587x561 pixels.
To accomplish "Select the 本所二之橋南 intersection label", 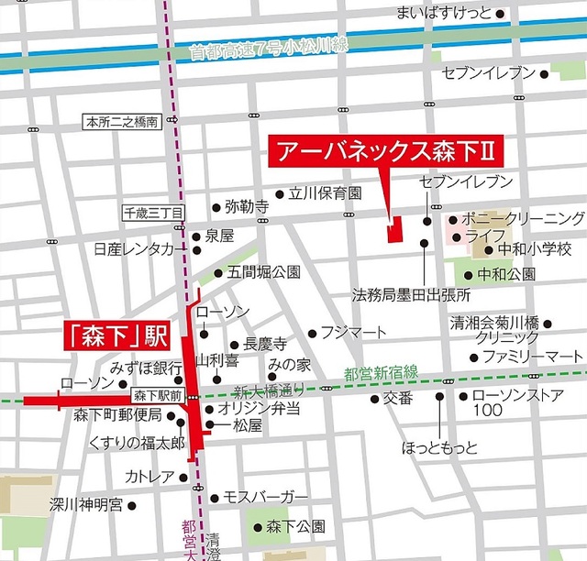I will pyautogui.click(x=122, y=121).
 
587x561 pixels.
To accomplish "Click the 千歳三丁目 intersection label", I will pyautogui.click(x=154, y=212).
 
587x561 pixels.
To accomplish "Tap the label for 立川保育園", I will pyautogui.click(x=326, y=193).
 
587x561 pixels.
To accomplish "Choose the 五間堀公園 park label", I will pyautogui.click(x=264, y=272).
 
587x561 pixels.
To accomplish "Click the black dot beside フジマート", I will pyautogui.click(x=313, y=334).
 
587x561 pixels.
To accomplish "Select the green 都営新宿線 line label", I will pyautogui.click(x=382, y=372).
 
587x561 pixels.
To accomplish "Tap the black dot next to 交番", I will pyautogui.click(x=374, y=399).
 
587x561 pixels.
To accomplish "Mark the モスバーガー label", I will pyautogui.click(x=265, y=498).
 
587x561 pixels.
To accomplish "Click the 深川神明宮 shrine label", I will pyautogui.click(x=84, y=504).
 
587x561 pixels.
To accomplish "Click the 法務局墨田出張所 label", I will pyautogui.click(x=411, y=296).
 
